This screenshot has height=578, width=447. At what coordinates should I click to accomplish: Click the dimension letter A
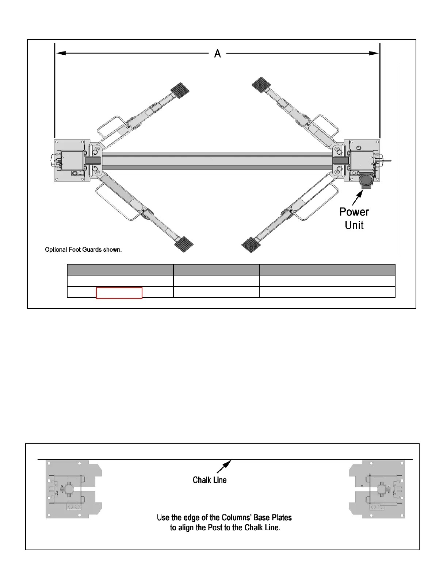(218, 54)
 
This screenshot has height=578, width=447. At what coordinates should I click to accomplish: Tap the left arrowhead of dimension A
(61, 53)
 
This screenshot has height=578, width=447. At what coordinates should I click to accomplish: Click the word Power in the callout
(354, 212)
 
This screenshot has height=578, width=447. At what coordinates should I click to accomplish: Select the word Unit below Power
(354, 225)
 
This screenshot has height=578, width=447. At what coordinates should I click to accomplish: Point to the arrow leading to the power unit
(358, 197)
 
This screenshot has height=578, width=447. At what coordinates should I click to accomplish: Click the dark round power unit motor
(366, 180)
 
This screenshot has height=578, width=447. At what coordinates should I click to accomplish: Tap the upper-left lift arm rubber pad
(180, 90)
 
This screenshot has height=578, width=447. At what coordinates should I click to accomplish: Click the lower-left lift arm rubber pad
(184, 244)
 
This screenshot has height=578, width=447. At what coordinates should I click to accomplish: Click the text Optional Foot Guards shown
(83, 250)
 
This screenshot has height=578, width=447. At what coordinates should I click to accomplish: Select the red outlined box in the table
(119, 293)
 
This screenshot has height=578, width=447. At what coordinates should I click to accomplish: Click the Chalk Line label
(210, 480)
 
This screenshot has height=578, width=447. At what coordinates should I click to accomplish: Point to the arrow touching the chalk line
(224, 466)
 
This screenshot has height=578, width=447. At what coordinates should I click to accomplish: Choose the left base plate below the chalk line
(73, 489)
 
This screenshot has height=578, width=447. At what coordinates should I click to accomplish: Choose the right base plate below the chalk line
(377, 489)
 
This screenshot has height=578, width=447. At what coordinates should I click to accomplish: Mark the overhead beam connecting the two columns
(217, 161)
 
